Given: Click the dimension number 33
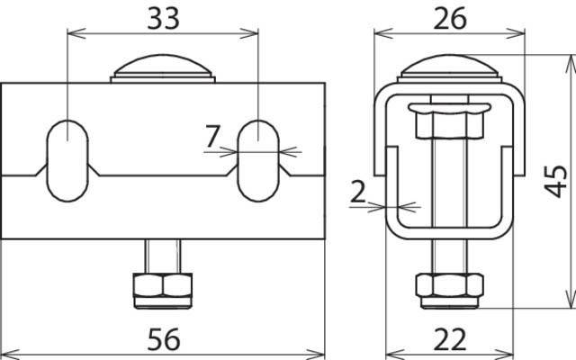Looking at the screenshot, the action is click(x=164, y=18).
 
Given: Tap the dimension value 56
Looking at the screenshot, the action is click(x=164, y=339).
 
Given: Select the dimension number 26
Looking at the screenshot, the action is click(x=450, y=18).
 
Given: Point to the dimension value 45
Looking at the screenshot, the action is click(x=555, y=182).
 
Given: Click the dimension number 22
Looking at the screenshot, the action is click(x=450, y=339).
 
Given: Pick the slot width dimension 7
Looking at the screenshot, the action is click(x=212, y=136).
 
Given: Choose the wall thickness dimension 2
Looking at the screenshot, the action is click(x=358, y=192).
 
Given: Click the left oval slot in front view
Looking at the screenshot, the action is click(x=67, y=161).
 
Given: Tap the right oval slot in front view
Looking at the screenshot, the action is click(x=258, y=161).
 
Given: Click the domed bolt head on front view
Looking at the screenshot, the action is click(x=163, y=68).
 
